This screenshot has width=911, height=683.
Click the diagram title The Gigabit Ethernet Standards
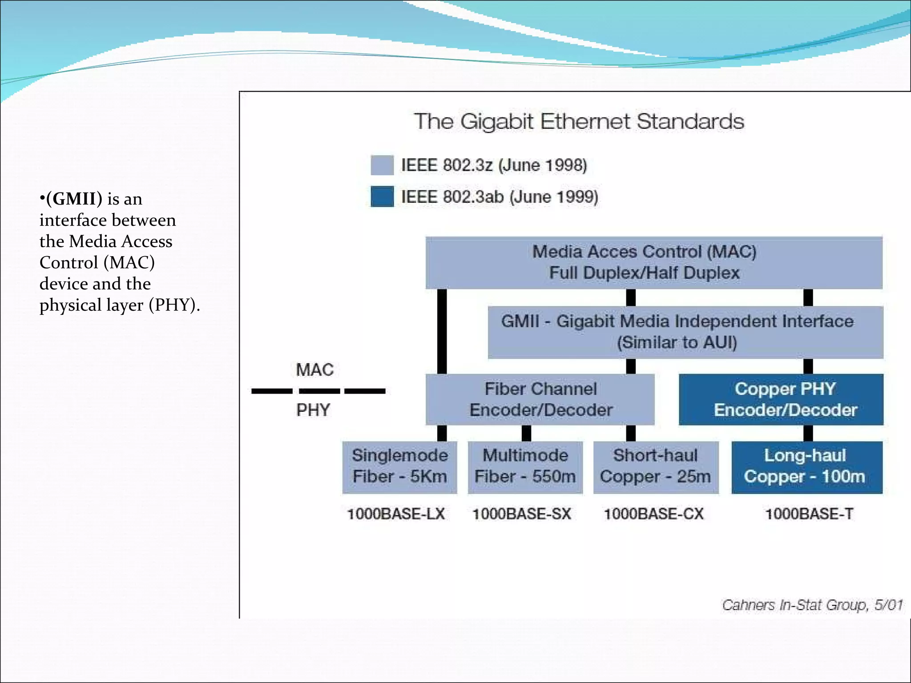(x=579, y=121)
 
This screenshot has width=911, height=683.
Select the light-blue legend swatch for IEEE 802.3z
(x=382, y=165)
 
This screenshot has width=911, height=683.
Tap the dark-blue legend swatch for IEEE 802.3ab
(x=382, y=197)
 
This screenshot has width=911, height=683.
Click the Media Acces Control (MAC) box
(x=653, y=262)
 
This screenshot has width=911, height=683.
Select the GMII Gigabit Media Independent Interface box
(x=685, y=332)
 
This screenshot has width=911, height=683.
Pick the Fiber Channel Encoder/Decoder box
(x=540, y=399)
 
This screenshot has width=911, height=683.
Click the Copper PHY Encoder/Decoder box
(x=781, y=399)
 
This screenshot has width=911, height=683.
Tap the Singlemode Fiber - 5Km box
(x=399, y=466)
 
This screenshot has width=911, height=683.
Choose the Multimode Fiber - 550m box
(x=525, y=466)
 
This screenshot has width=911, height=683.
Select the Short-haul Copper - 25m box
(x=656, y=466)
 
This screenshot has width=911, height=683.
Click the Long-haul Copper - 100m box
(x=806, y=466)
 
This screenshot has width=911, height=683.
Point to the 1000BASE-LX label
(x=396, y=514)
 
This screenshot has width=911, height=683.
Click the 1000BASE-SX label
(x=521, y=514)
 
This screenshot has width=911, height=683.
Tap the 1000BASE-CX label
(x=653, y=514)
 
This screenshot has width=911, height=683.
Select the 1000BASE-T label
(x=809, y=514)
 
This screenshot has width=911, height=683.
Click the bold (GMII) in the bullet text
(x=74, y=199)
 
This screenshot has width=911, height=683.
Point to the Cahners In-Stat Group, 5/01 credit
(x=812, y=605)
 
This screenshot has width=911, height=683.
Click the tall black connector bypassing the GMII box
(x=442, y=331)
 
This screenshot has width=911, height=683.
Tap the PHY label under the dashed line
(x=313, y=410)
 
